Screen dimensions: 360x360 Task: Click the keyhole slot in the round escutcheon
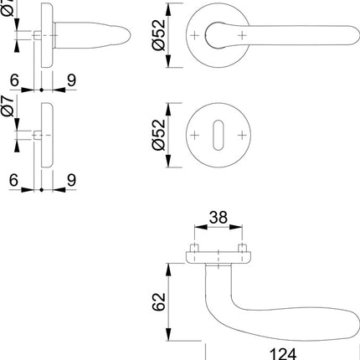219,135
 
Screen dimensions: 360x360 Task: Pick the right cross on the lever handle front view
244,36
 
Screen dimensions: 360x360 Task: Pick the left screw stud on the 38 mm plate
193,250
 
